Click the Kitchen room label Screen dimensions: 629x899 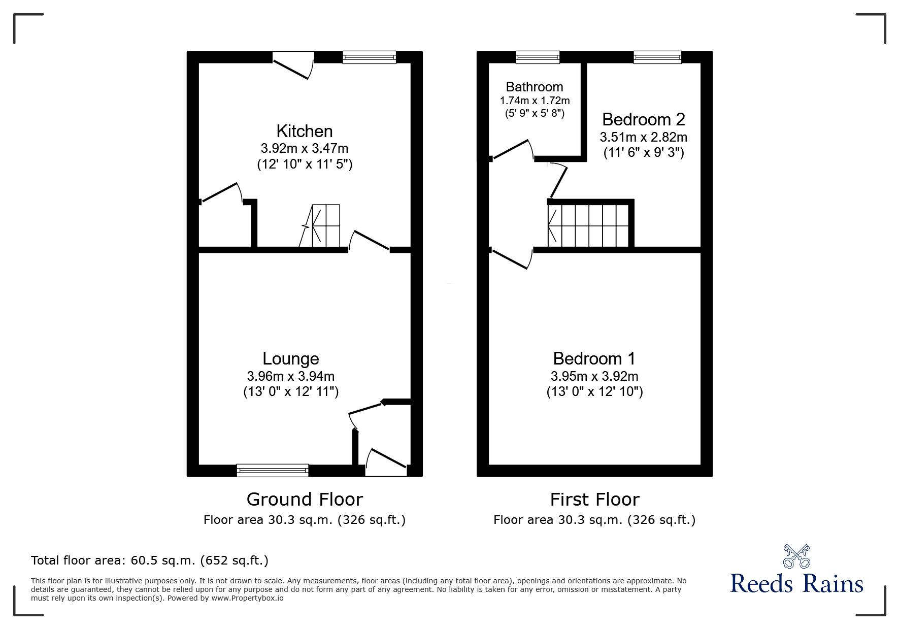(x=304, y=131)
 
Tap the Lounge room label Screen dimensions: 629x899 (x=290, y=358)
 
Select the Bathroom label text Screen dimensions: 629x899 (x=535, y=87)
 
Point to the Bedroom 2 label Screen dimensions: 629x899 (x=643, y=119)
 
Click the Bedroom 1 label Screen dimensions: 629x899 (x=594, y=358)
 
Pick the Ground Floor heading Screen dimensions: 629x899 (x=305, y=500)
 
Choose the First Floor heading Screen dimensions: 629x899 (x=594, y=500)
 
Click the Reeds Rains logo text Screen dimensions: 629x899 (x=796, y=584)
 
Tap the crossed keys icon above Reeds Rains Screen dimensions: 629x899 (x=796, y=556)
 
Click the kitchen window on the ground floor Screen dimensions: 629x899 (x=369, y=57)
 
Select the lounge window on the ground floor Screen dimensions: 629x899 (x=273, y=471)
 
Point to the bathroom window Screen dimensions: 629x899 (x=538, y=57)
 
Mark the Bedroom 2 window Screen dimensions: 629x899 (x=657, y=57)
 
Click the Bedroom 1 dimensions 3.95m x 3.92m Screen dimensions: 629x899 (x=594, y=376)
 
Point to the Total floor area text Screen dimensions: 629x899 (x=150, y=560)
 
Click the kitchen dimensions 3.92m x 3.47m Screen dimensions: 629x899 (x=304, y=149)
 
